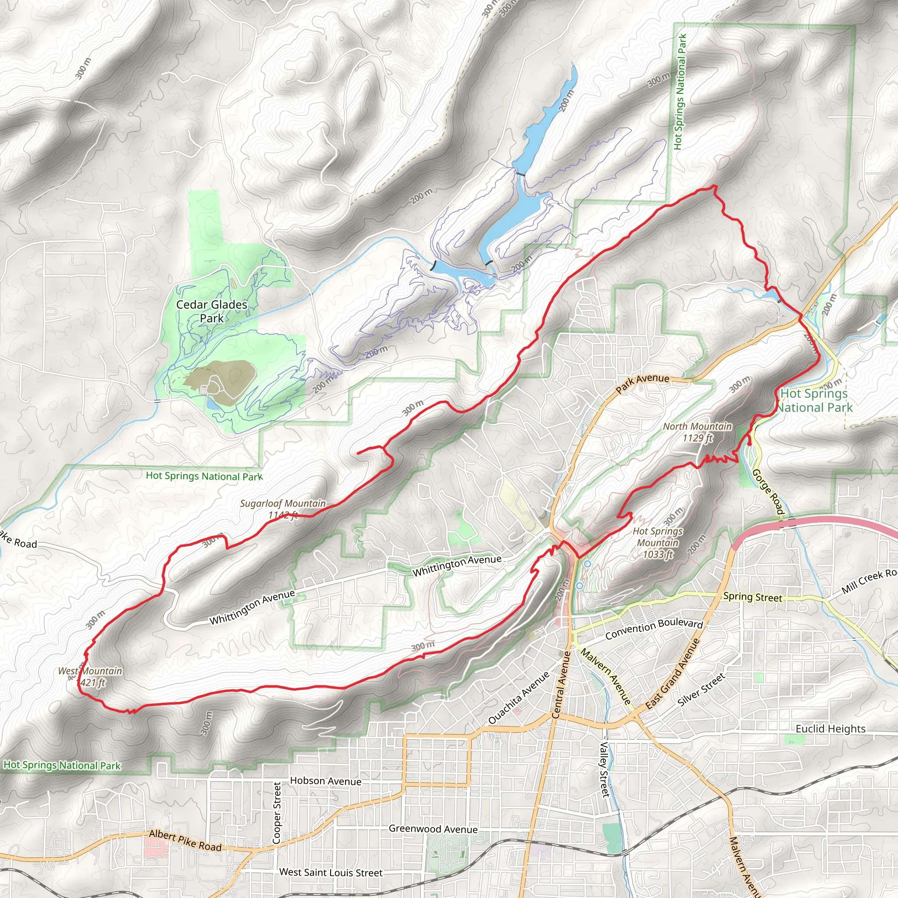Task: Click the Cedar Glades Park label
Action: [x=211, y=311]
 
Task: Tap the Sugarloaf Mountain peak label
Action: [x=283, y=509]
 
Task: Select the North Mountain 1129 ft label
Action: [x=697, y=432]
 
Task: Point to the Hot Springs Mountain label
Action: [x=658, y=542]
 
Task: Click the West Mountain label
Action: [x=90, y=677]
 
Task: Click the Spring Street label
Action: [x=752, y=597]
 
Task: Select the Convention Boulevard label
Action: [x=654, y=628]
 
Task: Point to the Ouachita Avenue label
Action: [x=519, y=697]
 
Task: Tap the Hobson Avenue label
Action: [x=325, y=781]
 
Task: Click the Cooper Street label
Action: [x=277, y=813]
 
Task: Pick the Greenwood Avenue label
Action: [x=433, y=829]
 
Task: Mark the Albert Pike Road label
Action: [x=185, y=841]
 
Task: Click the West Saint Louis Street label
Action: [x=331, y=873]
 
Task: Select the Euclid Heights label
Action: [x=830, y=728]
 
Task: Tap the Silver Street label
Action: [x=701, y=690]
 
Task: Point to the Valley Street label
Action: [x=604, y=769]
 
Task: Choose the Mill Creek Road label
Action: [x=869, y=581]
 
